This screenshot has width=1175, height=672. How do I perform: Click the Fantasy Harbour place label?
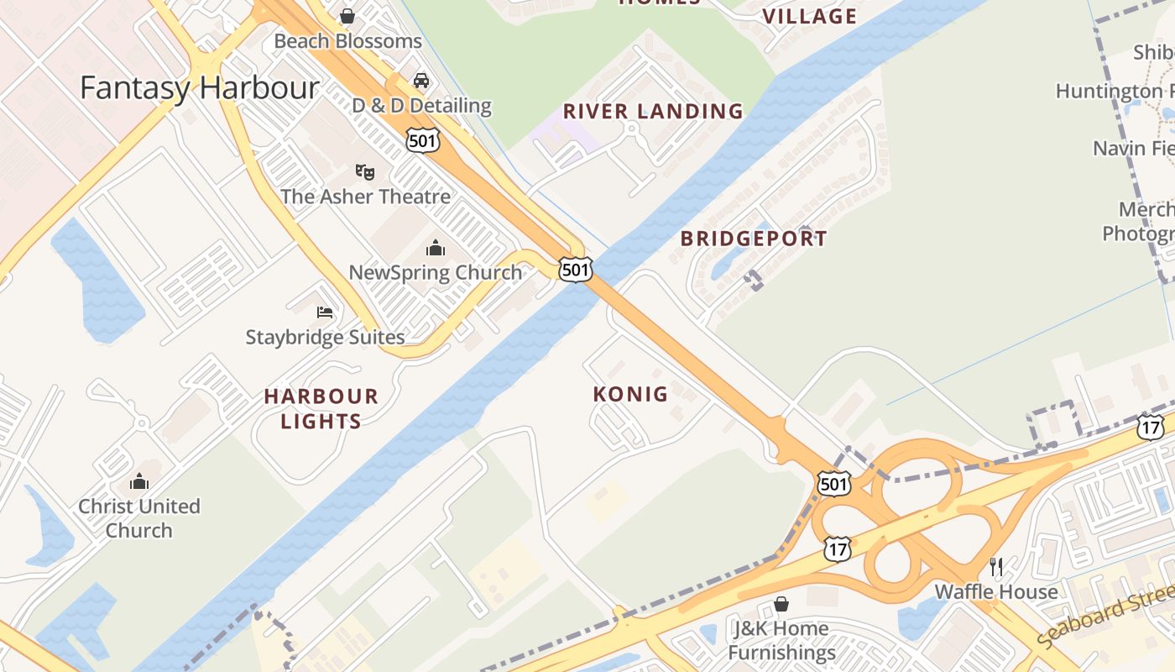click(x=200, y=88)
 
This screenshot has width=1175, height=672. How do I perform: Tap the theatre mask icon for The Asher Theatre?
click(x=364, y=172)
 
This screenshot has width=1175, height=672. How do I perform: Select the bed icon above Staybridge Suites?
click(x=325, y=312)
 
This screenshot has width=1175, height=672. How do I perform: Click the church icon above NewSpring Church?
click(x=435, y=248)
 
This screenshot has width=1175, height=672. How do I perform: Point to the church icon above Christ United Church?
click(x=139, y=481)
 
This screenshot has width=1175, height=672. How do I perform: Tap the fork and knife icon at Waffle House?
click(x=996, y=567)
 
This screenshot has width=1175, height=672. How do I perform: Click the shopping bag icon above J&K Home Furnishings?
click(x=781, y=604)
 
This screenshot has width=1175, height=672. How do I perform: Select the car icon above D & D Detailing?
click(x=421, y=81)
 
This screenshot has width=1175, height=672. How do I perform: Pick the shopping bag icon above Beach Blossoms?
click(x=347, y=16)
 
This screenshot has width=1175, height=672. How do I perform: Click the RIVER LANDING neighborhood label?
click(x=653, y=111)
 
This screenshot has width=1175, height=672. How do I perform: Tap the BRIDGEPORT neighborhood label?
click(x=754, y=239)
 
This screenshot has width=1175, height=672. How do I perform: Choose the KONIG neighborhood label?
click(x=630, y=394)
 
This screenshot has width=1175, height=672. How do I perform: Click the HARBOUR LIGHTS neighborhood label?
click(x=321, y=408)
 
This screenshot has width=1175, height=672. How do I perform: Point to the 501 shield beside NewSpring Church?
click(x=576, y=270)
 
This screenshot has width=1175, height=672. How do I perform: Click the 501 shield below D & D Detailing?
click(x=422, y=139)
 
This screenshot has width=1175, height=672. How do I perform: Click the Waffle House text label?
click(x=996, y=592)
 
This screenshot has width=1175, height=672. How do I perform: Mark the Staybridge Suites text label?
click(x=325, y=338)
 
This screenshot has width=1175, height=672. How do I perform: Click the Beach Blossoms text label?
click(x=347, y=41)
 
